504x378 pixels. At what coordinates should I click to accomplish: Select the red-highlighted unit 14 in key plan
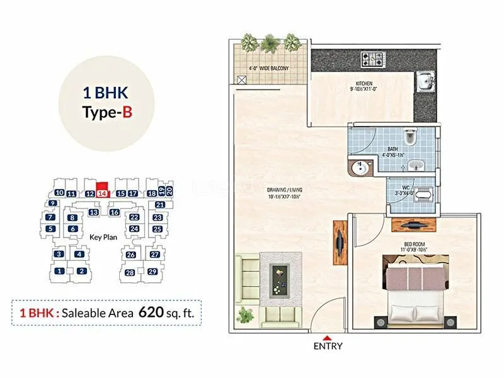pos(102,193)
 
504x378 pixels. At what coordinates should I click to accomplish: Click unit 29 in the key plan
pos(152,272)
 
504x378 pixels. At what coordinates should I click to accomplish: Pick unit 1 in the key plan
pos(59,272)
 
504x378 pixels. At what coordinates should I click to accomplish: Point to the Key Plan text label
pos(105,238)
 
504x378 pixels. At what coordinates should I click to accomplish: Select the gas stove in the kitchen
pos(372,60)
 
